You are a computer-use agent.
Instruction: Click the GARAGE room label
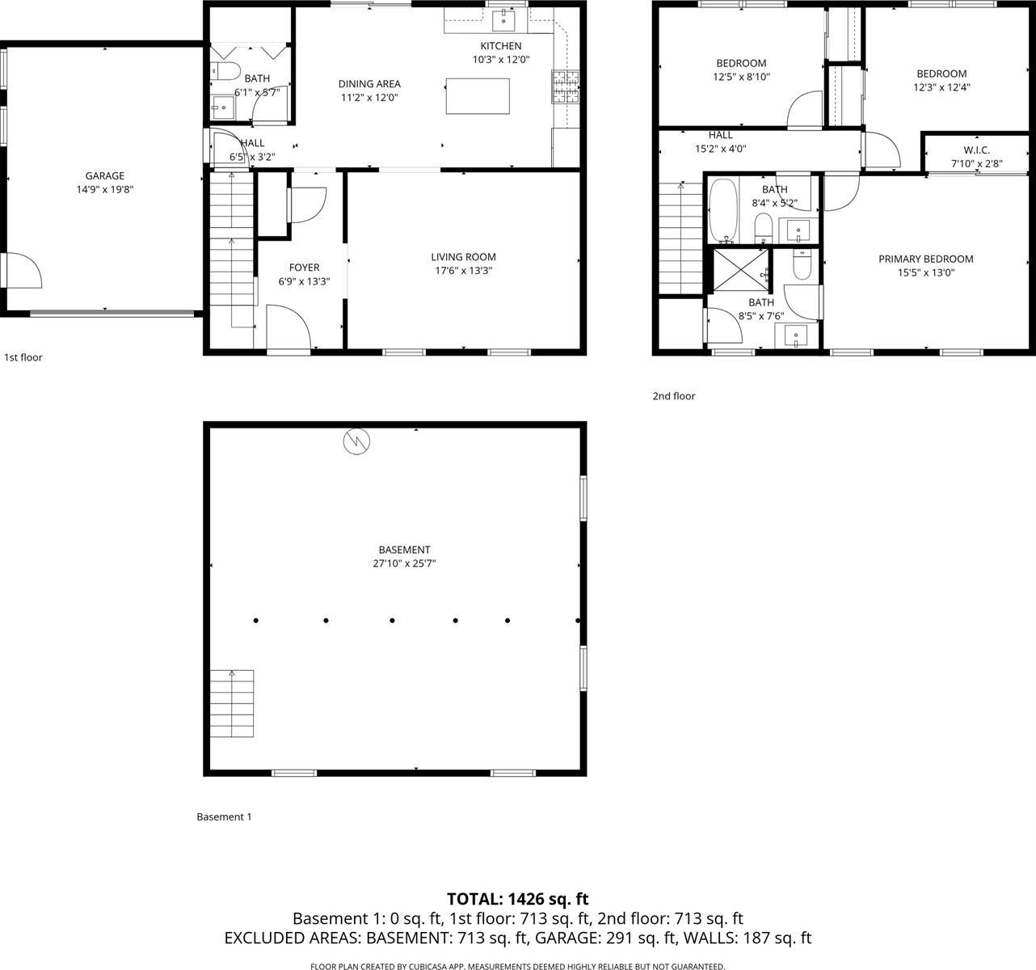point(105,175)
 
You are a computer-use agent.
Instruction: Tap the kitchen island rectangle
point(478,96)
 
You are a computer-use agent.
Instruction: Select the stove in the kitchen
point(566,87)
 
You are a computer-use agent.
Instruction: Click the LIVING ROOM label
point(463,257)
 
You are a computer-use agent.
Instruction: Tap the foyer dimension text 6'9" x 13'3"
point(304,281)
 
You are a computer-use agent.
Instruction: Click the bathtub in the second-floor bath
point(723,211)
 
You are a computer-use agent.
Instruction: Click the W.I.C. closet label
point(976,150)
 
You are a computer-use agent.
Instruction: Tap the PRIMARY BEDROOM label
point(925,259)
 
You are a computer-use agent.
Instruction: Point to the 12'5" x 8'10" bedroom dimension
point(741,77)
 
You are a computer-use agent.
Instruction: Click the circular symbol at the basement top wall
point(356,441)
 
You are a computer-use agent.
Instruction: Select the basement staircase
point(232,703)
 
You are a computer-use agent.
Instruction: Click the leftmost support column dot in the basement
point(256,621)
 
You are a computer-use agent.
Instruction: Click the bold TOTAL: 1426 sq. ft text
point(518,899)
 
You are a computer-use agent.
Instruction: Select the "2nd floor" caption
point(674,396)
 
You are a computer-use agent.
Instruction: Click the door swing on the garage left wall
point(23,271)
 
